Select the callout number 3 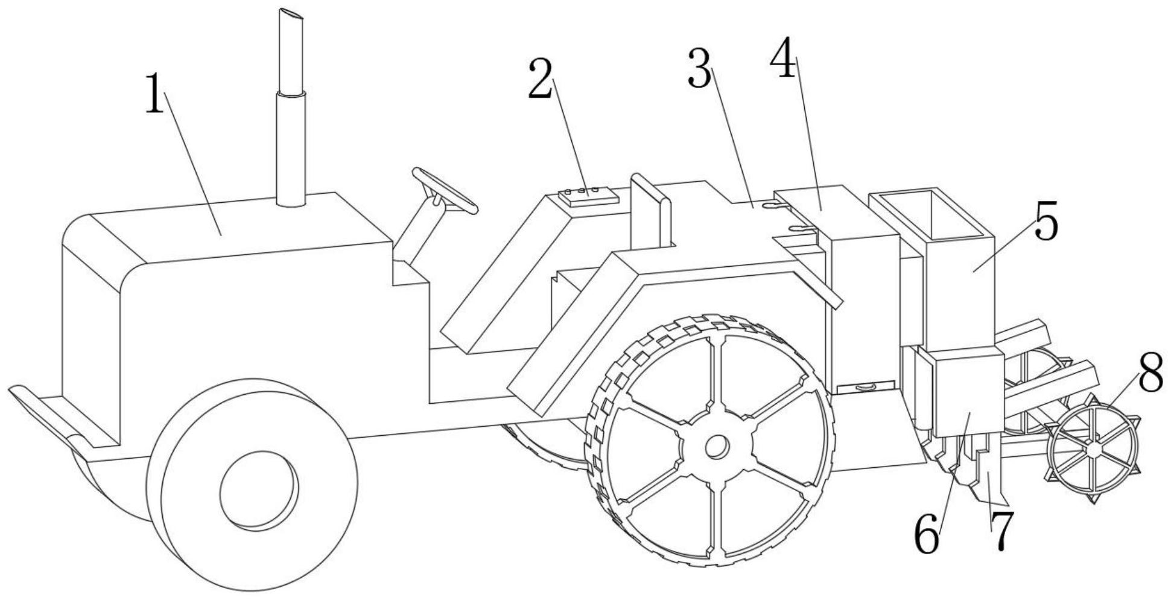tap(699, 69)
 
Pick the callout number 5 tap(1047, 222)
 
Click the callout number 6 tap(927, 534)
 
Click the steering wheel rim tap(445, 190)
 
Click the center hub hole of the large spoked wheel tap(717, 447)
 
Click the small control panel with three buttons tap(589, 196)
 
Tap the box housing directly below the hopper tap(962, 393)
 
